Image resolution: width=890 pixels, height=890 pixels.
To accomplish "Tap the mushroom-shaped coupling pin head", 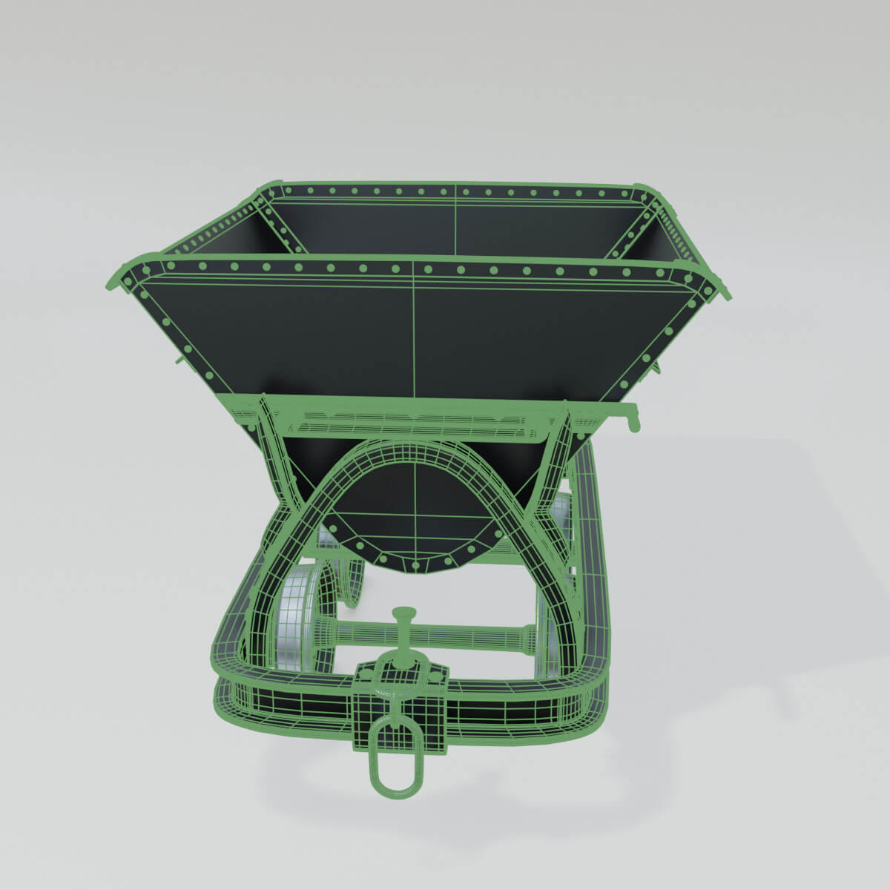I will [x=403, y=613].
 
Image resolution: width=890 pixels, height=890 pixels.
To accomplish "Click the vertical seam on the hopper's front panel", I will [x=413, y=326].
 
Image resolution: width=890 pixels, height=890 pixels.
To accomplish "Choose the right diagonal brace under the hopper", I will [x=553, y=460].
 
